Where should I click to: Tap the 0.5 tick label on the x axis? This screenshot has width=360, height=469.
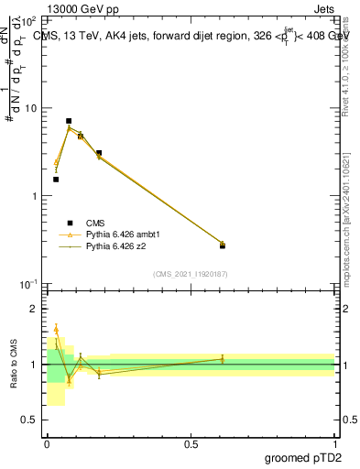point(191,444)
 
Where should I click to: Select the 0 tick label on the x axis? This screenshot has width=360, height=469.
point(47,444)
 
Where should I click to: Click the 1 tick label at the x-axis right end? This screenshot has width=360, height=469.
point(335,444)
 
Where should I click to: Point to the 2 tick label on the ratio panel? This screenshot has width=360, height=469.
point(34,309)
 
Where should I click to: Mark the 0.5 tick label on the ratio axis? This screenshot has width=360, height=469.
point(30,420)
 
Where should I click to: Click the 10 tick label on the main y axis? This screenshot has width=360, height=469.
point(30,108)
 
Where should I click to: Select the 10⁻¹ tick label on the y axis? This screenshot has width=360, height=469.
point(28,285)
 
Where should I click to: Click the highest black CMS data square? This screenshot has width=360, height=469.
point(69,121)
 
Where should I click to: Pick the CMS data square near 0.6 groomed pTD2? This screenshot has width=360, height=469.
point(223,245)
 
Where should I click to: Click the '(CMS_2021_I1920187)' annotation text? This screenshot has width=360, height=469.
point(191,274)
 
